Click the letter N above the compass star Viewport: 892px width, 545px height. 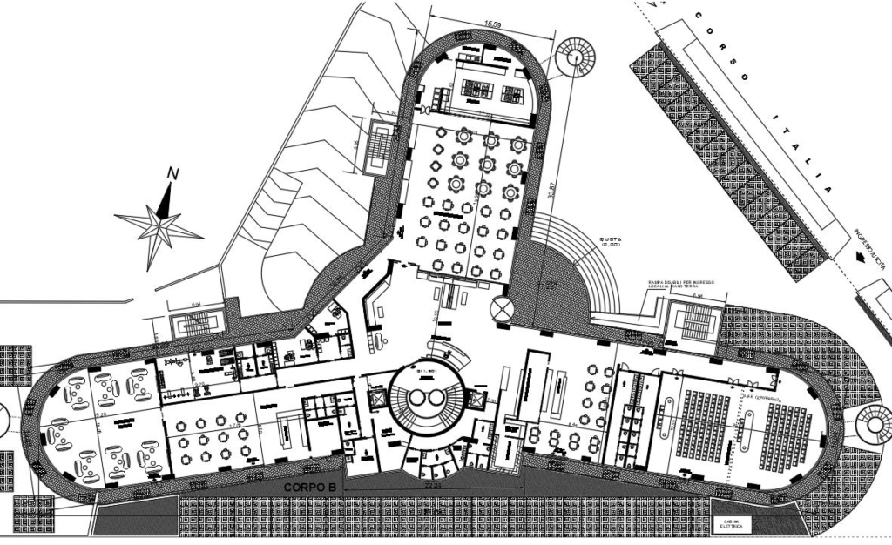point(172,174)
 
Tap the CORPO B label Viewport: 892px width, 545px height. point(309,488)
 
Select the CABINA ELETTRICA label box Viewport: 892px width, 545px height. point(729,524)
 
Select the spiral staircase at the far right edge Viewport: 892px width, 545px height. point(875,424)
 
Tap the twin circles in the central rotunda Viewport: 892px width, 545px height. point(428,398)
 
